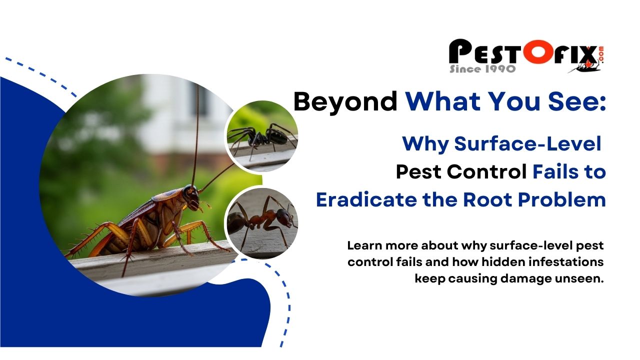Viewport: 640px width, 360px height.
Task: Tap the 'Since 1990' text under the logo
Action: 482,69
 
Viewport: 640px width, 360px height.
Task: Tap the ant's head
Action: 284,217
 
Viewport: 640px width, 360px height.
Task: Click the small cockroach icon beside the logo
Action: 585,67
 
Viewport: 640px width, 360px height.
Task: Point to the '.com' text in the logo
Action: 601,53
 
